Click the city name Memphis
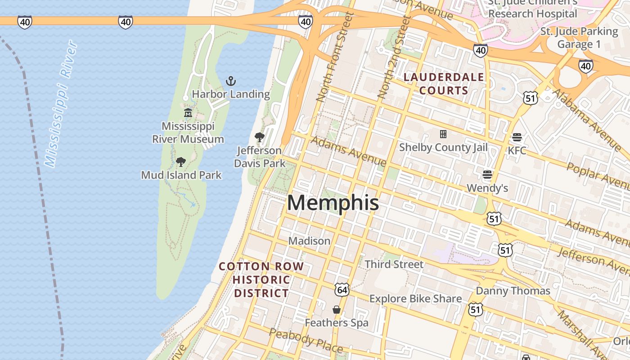(333, 203)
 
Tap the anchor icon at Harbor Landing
(231, 81)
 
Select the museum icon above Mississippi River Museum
(188, 112)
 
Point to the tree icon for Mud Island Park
(181, 162)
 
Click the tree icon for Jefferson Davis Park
(260, 137)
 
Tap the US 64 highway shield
(342, 290)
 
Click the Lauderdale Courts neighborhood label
(444, 84)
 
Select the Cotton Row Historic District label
(261, 279)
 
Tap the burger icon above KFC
(517, 137)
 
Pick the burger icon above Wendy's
(487, 174)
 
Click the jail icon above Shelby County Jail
(443, 134)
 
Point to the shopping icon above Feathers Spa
(336, 310)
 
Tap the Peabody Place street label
(306, 340)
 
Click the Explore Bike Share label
(415, 299)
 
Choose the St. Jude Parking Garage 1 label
(579, 38)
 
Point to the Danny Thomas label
(513, 291)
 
